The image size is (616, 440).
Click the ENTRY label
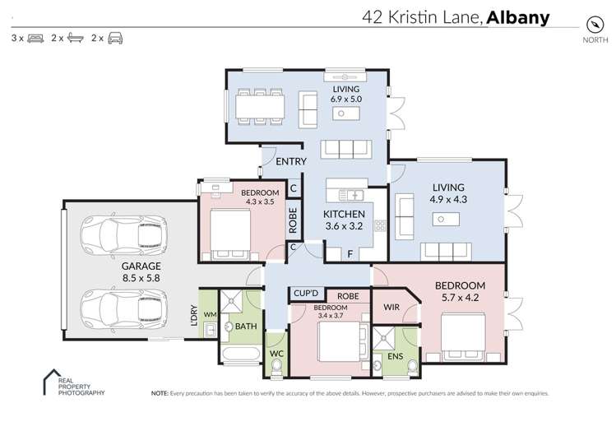click(x=291, y=161)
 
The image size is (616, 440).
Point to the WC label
click(x=277, y=354)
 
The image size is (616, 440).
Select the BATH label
click(x=245, y=327)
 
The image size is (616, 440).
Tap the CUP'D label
click(x=306, y=294)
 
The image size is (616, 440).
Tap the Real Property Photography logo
click(x=75, y=384)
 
